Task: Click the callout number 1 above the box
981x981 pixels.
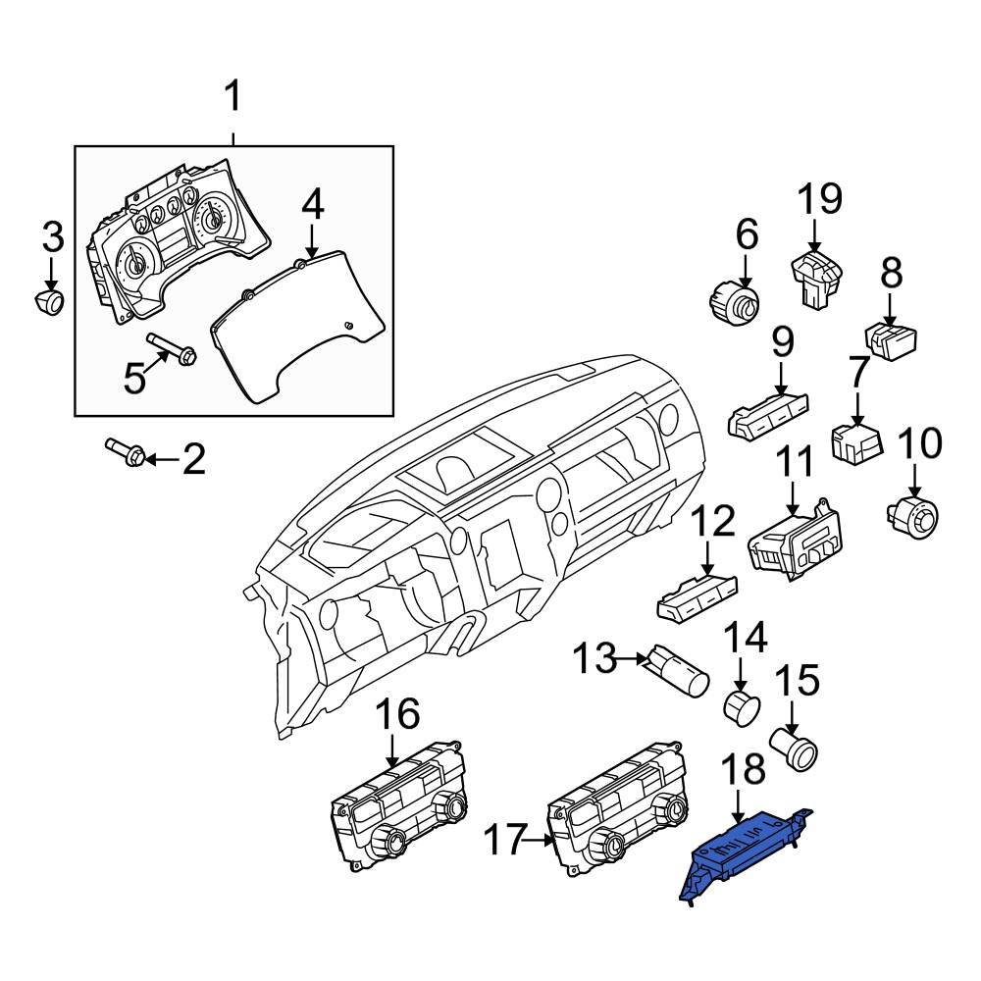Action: pyautogui.click(x=233, y=98)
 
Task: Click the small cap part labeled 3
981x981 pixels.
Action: pyautogui.click(x=48, y=301)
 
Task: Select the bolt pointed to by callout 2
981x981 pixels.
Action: pyautogui.click(x=127, y=452)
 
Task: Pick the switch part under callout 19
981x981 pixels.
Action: pyautogui.click(x=816, y=279)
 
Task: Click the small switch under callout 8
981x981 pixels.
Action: pyautogui.click(x=891, y=342)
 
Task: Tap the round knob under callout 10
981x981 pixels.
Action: pyautogui.click(x=913, y=514)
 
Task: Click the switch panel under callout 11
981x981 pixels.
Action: pyautogui.click(x=795, y=544)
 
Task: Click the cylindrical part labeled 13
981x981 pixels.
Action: pyautogui.click(x=676, y=672)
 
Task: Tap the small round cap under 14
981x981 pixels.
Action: pyautogui.click(x=740, y=705)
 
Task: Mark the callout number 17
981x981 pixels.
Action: pyautogui.click(x=508, y=839)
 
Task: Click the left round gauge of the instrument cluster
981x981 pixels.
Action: pyautogui.click(x=134, y=265)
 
